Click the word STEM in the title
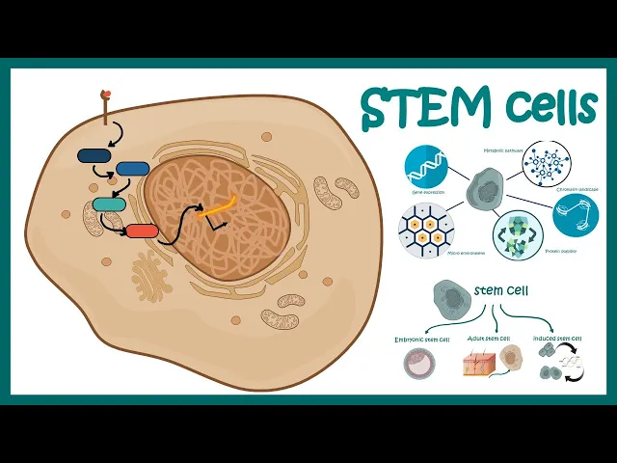(428, 108)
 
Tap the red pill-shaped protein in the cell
(142, 231)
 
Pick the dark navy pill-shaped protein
(94, 155)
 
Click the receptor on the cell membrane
(106, 97)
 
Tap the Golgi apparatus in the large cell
(151, 274)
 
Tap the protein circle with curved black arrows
(518, 236)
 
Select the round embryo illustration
(417, 363)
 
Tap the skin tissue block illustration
(479, 365)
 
